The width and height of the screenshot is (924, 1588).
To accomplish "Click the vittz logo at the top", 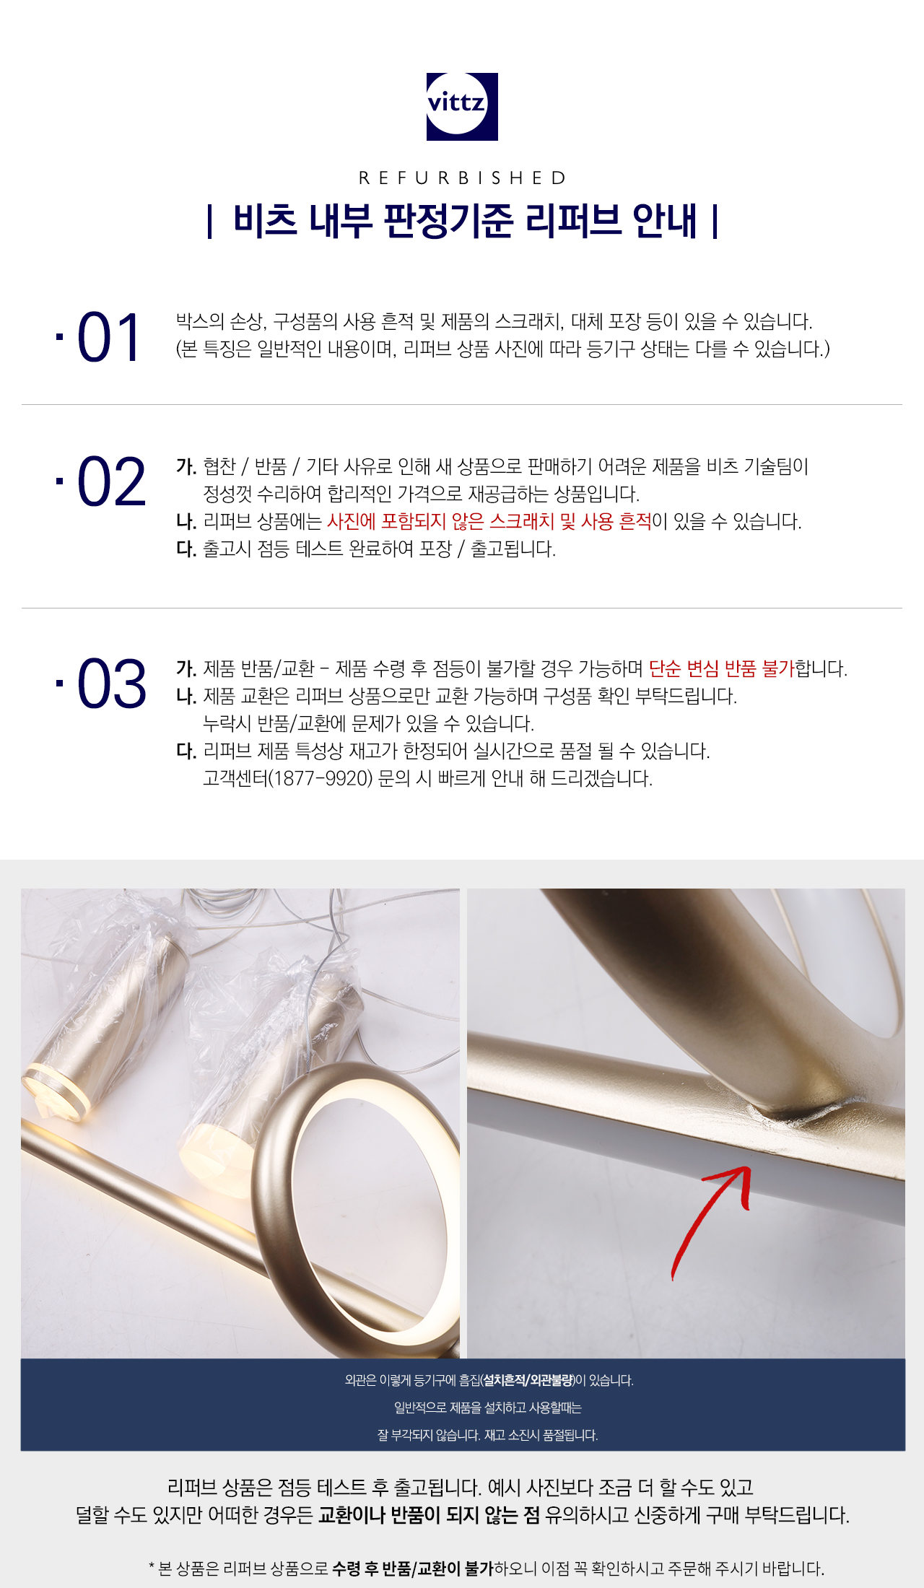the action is coord(462,106).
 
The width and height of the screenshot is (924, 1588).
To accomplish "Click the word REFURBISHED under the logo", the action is coord(463,178).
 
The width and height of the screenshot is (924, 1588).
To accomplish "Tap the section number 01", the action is coord(108,338).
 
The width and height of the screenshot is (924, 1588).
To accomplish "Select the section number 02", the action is coord(111,482).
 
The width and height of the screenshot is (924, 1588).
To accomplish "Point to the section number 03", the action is coord(111,684).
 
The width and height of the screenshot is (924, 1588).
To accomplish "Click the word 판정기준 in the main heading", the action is coord(448,221).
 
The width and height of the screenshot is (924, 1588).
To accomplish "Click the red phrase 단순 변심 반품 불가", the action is coord(721,668).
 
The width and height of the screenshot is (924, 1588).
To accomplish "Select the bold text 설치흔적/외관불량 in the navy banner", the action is coord(528,1380).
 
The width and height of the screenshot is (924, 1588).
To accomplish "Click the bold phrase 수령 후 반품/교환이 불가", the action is coord(413,1568).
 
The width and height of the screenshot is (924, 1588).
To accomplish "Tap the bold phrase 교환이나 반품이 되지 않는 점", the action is coord(430,1514).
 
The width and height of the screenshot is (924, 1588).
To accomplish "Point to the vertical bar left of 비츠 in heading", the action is coord(209,222).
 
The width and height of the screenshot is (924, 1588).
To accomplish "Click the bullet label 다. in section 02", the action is coord(186,549).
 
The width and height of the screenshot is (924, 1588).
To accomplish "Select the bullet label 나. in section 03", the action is coord(186,696).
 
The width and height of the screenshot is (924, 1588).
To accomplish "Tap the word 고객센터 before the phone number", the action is coord(235,779).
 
